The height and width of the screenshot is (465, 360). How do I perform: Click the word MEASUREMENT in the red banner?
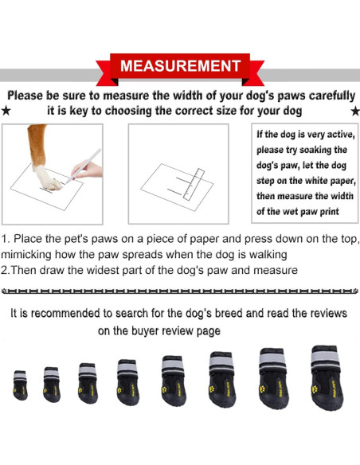179,65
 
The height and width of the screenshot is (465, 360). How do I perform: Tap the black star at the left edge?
6,111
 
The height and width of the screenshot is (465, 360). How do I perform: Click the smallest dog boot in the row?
20,385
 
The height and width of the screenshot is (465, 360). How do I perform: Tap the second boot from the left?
52,383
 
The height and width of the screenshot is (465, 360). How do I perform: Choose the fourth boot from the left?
127,380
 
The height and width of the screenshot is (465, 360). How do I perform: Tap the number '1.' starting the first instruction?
6,239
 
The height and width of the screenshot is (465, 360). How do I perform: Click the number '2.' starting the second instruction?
6,270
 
